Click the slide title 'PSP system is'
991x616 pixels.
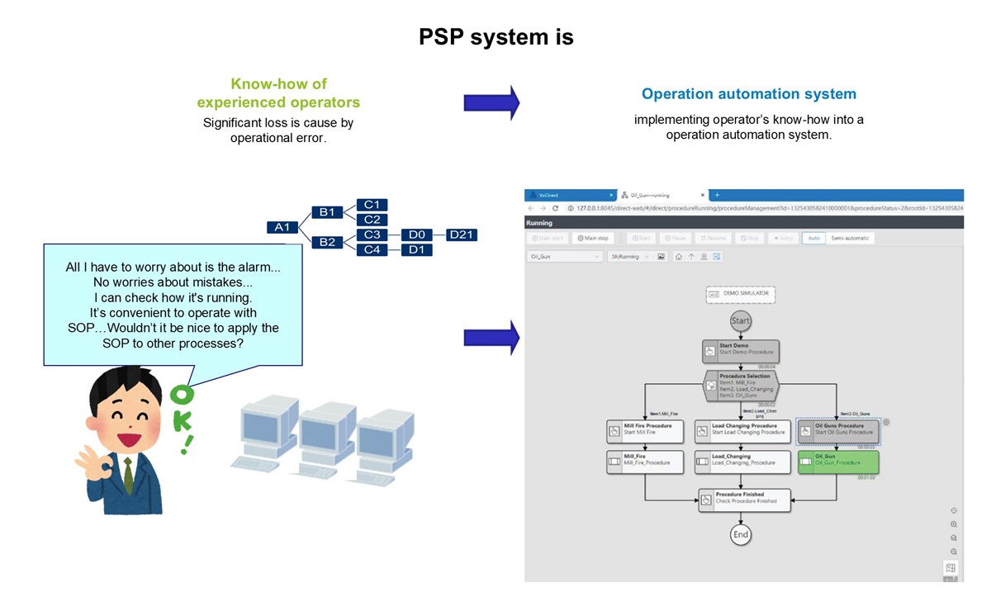(x=495, y=37)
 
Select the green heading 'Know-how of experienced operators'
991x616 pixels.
(x=278, y=93)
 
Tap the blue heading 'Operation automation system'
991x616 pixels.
(x=748, y=94)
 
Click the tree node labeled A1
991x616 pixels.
(x=282, y=227)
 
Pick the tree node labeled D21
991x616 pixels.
(x=461, y=235)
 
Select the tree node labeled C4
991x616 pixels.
(x=372, y=249)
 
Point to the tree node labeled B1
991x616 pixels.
(x=327, y=212)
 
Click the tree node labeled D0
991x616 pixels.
(x=416, y=235)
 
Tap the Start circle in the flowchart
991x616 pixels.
(x=741, y=320)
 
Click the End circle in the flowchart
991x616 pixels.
(x=741, y=535)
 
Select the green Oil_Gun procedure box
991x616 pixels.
(x=837, y=460)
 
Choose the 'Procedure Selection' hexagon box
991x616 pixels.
(x=741, y=385)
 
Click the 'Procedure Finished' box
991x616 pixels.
(x=743, y=499)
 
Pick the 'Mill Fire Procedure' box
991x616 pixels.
(x=645, y=430)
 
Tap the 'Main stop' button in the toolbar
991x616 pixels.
(x=593, y=239)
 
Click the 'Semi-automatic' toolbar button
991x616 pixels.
(x=850, y=239)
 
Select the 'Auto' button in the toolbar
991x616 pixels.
(x=813, y=239)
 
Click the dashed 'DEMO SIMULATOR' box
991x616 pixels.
(x=741, y=293)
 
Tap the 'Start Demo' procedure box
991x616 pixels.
(x=740, y=351)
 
